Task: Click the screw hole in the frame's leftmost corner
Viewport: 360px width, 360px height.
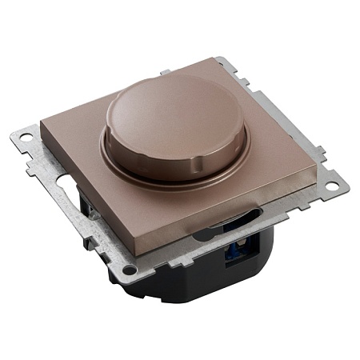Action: pos(27,138)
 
